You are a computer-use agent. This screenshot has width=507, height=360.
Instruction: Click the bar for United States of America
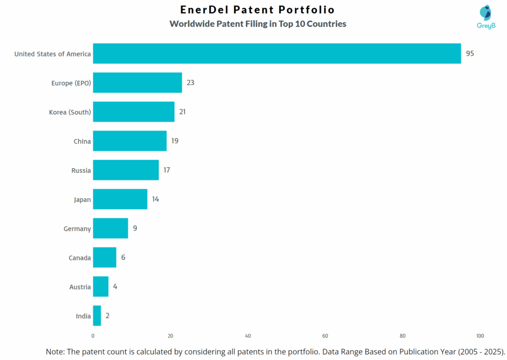pos(277,53)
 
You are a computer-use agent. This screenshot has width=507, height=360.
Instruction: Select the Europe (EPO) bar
pos(137,83)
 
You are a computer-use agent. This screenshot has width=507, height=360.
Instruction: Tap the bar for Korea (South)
pos(134,112)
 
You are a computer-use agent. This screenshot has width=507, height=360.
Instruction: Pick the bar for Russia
pos(126,170)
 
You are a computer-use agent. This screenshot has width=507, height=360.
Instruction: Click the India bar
pos(97,316)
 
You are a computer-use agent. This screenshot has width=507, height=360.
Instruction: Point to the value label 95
pos(469,53)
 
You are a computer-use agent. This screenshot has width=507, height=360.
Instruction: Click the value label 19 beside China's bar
pos(175,141)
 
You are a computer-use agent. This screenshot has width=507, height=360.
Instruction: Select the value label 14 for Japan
pos(155,199)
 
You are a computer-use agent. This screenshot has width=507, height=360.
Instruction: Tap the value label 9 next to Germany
pos(135,228)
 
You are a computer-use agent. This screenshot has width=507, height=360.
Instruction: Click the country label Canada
pos(80,258)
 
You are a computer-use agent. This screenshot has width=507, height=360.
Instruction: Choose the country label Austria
pos(80,287)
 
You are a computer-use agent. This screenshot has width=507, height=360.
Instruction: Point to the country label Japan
pos(82,200)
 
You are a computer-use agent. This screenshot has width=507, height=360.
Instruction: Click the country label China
pos(82,142)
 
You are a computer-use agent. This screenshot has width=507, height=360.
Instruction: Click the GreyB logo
pos(486,17)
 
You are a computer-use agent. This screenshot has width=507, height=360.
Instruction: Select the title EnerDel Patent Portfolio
pos(257,10)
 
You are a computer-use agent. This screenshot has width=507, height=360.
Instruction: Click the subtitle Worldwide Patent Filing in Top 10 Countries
pos(257,24)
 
